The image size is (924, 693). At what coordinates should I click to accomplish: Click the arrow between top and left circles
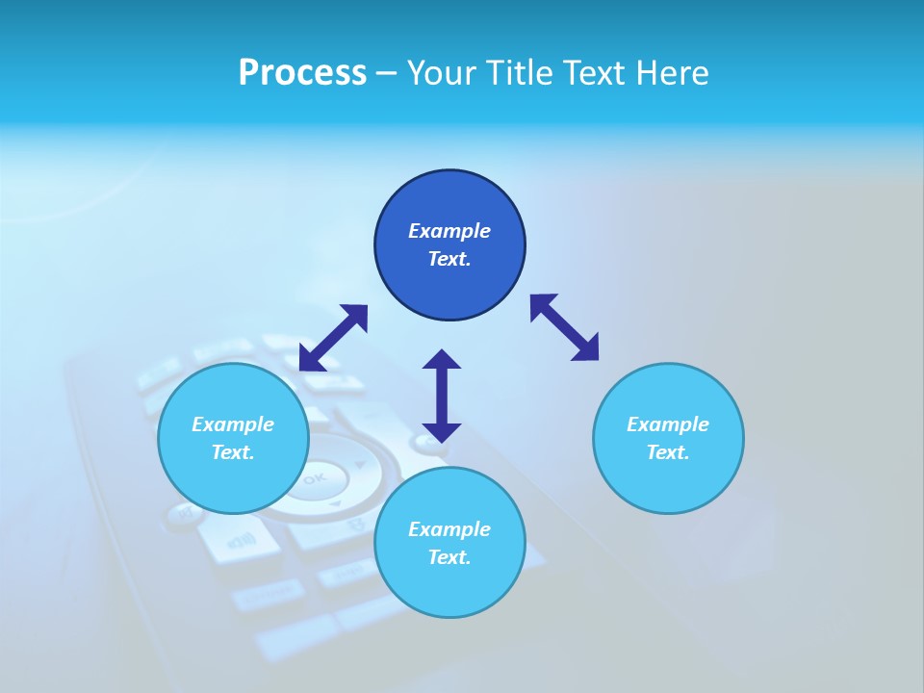333,338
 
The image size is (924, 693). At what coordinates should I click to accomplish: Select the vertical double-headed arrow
442,396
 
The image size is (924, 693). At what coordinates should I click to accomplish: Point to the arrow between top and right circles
565,327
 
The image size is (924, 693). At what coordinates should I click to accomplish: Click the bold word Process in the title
302,73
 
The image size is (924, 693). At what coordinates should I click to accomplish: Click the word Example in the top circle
449,231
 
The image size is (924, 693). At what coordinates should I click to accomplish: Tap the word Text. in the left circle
233,452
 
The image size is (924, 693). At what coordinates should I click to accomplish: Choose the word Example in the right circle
668,424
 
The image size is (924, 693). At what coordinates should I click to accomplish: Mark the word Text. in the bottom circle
449,557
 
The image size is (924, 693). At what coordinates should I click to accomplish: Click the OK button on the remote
315,477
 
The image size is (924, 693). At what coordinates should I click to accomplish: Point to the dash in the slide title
387,73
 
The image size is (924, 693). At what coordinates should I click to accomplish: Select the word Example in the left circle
233,424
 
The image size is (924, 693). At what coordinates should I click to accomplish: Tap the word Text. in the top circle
449,259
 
